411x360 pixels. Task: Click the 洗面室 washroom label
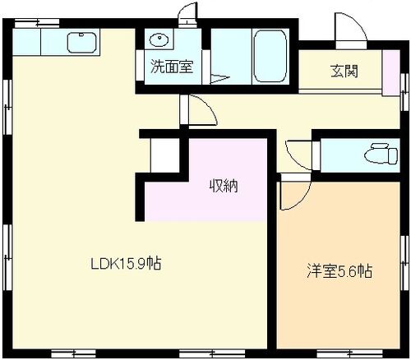pyautogui.click(x=172, y=67)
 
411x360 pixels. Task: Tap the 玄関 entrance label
pyautogui.click(x=344, y=72)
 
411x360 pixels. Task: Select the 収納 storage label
pyautogui.click(x=224, y=186)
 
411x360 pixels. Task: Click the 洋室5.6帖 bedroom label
pyautogui.click(x=339, y=271)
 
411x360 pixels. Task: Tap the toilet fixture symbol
pyautogui.click(x=381, y=154)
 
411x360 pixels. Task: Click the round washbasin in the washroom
pyautogui.click(x=159, y=39)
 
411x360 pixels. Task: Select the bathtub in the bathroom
pyautogui.click(x=270, y=56)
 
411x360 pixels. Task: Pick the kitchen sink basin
pyautogui.click(x=82, y=43)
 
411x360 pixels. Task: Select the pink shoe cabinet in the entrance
pyautogui.click(x=391, y=73)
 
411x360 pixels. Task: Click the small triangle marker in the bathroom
pyautogui.click(x=219, y=78)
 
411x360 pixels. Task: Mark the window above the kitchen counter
pyautogui.click(x=37, y=23)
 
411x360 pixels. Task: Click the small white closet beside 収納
pyautogui.click(x=165, y=155)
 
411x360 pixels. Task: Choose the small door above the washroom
pyautogui.click(x=187, y=15)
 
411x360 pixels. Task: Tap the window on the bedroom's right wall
pyautogui.click(x=404, y=263)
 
